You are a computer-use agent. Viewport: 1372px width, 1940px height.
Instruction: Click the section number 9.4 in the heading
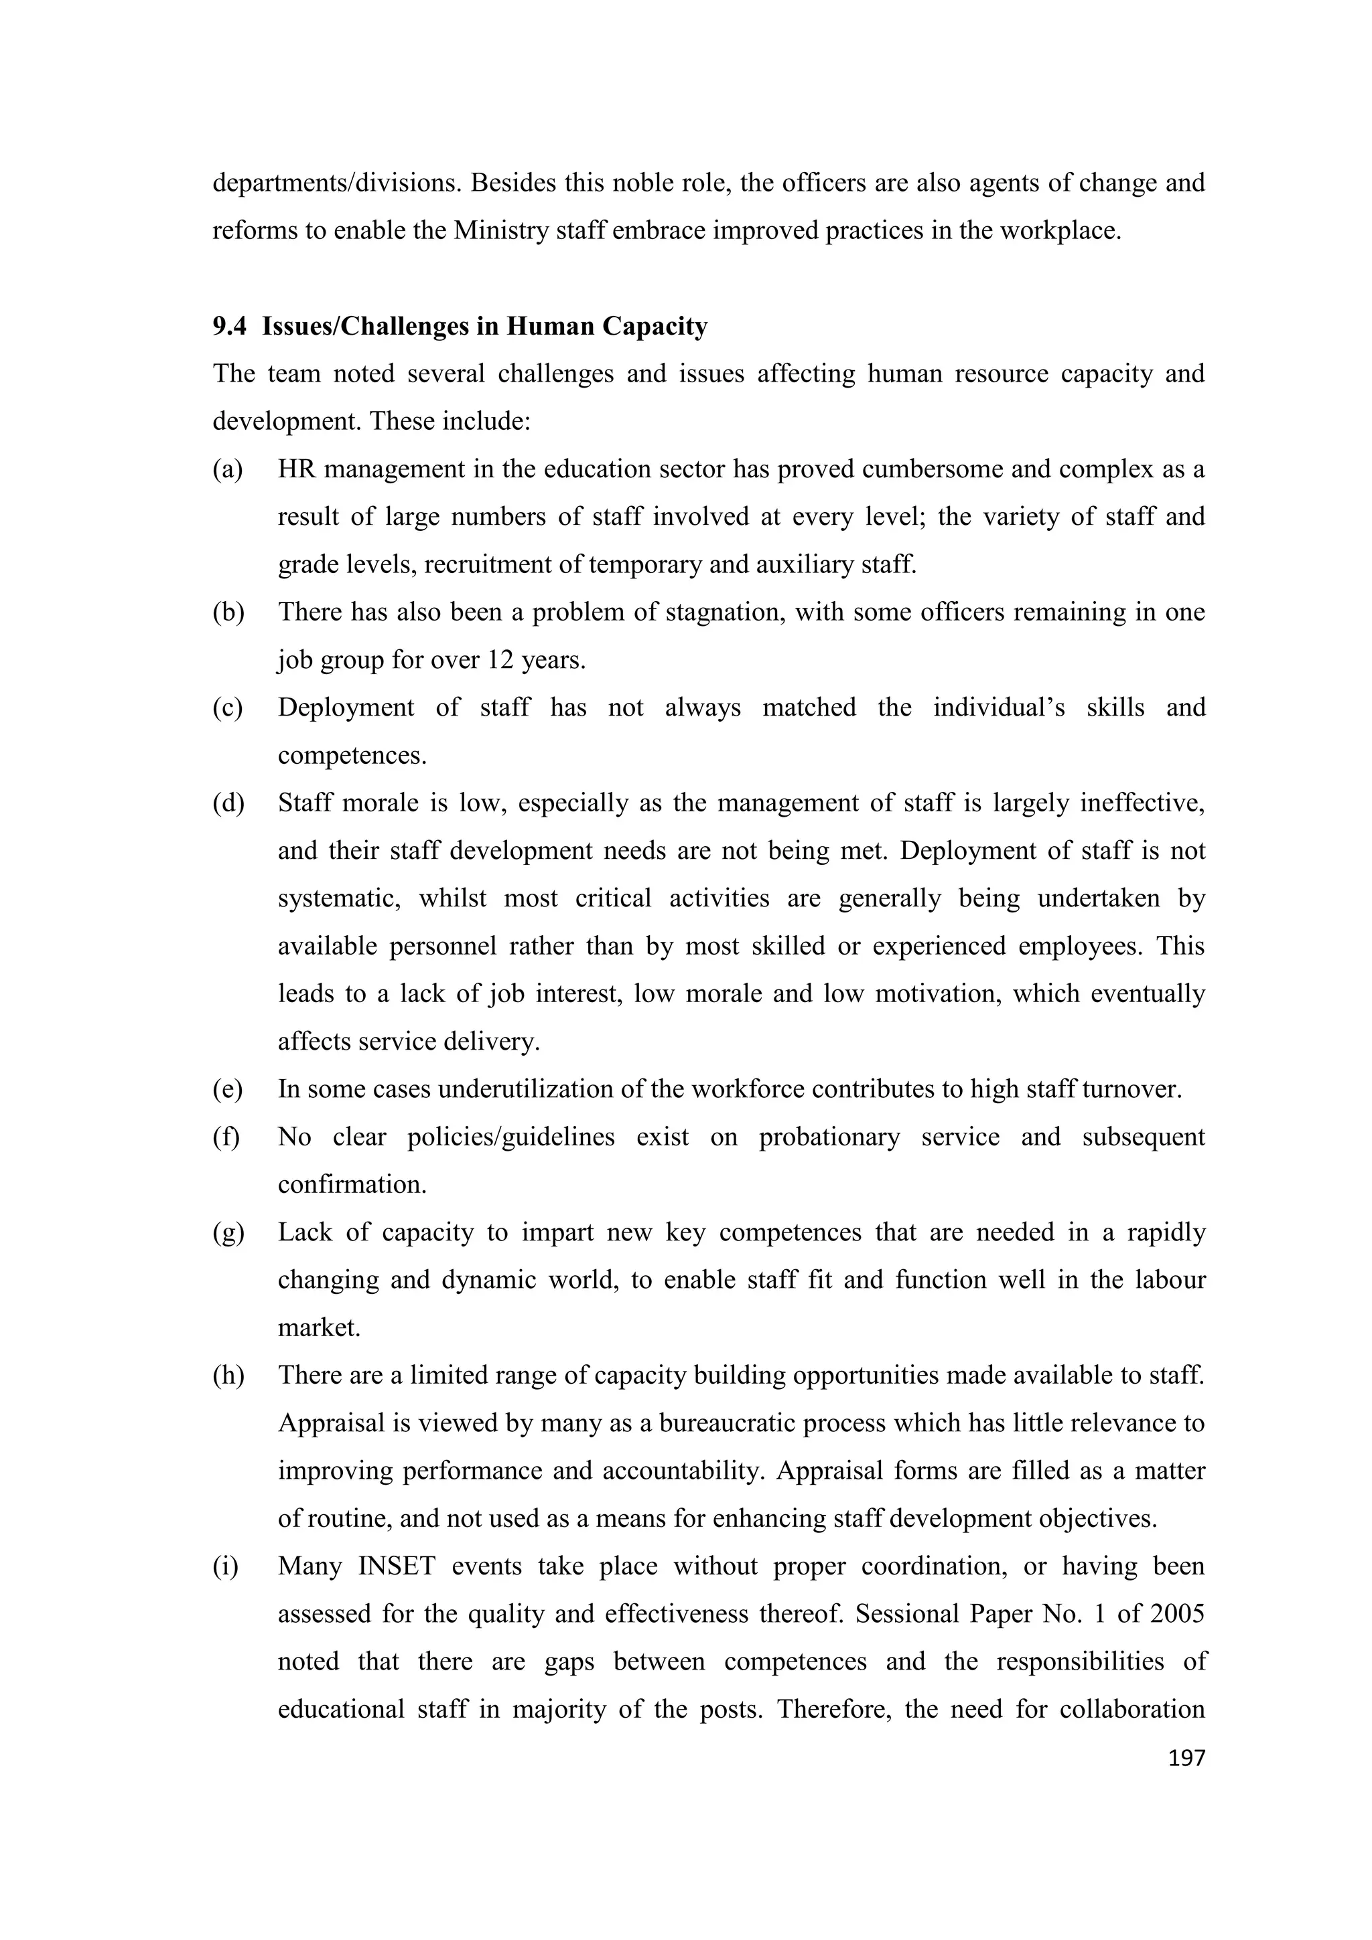[229, 326]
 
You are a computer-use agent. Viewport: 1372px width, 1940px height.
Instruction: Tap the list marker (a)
[227, 469]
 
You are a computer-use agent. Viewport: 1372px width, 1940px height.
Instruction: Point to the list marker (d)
[227, 803]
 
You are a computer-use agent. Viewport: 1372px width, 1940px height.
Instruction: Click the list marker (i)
[225, 1566]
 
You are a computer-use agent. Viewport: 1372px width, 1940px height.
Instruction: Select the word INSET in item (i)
[396, 1566]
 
